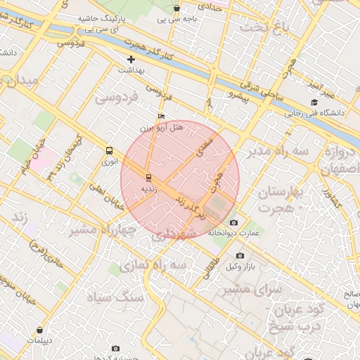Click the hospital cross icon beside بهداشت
coord(130,60)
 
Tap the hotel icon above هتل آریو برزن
coord(162,117)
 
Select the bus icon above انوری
coord(109,150)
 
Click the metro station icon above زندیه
coord(148,177)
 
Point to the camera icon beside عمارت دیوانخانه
coord(233,223)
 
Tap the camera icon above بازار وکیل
coord(240,256)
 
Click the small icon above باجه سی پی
coord(176,9)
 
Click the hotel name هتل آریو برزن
coord(168,127)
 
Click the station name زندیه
coord(148,188)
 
